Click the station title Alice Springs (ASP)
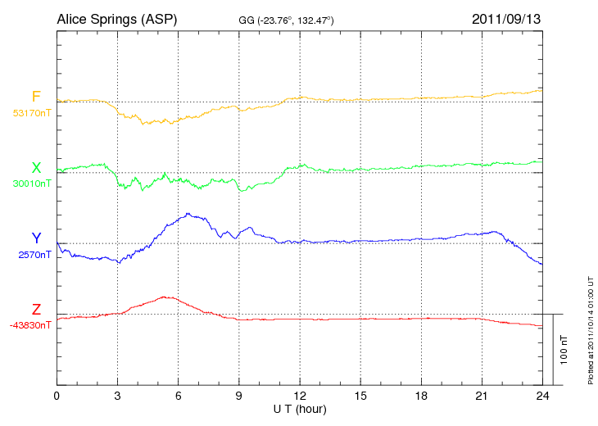[x=116, y=18]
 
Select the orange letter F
[x=36, y=97]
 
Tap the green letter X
[x=36, y=168]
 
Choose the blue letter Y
[x=36, y=238]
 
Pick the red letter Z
[x=36, y=309]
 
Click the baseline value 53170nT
[x=32, y=114]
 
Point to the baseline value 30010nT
[x=32, y=184]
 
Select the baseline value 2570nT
[x=34, y=255]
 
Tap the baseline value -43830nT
[x=31, y=325]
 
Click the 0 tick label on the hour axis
[x=57, y=397]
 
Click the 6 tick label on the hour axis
[x=179, y=397]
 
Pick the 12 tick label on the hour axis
[x=300, y=397]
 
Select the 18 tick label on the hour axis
[x=421, y=397]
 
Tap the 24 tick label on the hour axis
[x=542, y=397]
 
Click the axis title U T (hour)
[x=299, y=409]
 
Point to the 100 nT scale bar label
[x=564, y=350]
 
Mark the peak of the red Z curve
[x=167, y=297]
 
